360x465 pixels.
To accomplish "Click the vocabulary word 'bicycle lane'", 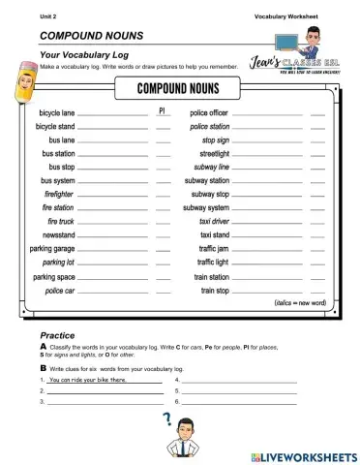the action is coord(52,113).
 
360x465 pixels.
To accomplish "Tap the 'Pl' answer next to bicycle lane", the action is coord(163,112).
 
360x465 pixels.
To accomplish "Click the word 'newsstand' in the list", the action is coord(56,234).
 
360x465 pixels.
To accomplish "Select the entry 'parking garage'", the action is coord(51,248).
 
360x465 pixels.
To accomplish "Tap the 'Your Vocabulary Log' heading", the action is coord(84,54).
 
